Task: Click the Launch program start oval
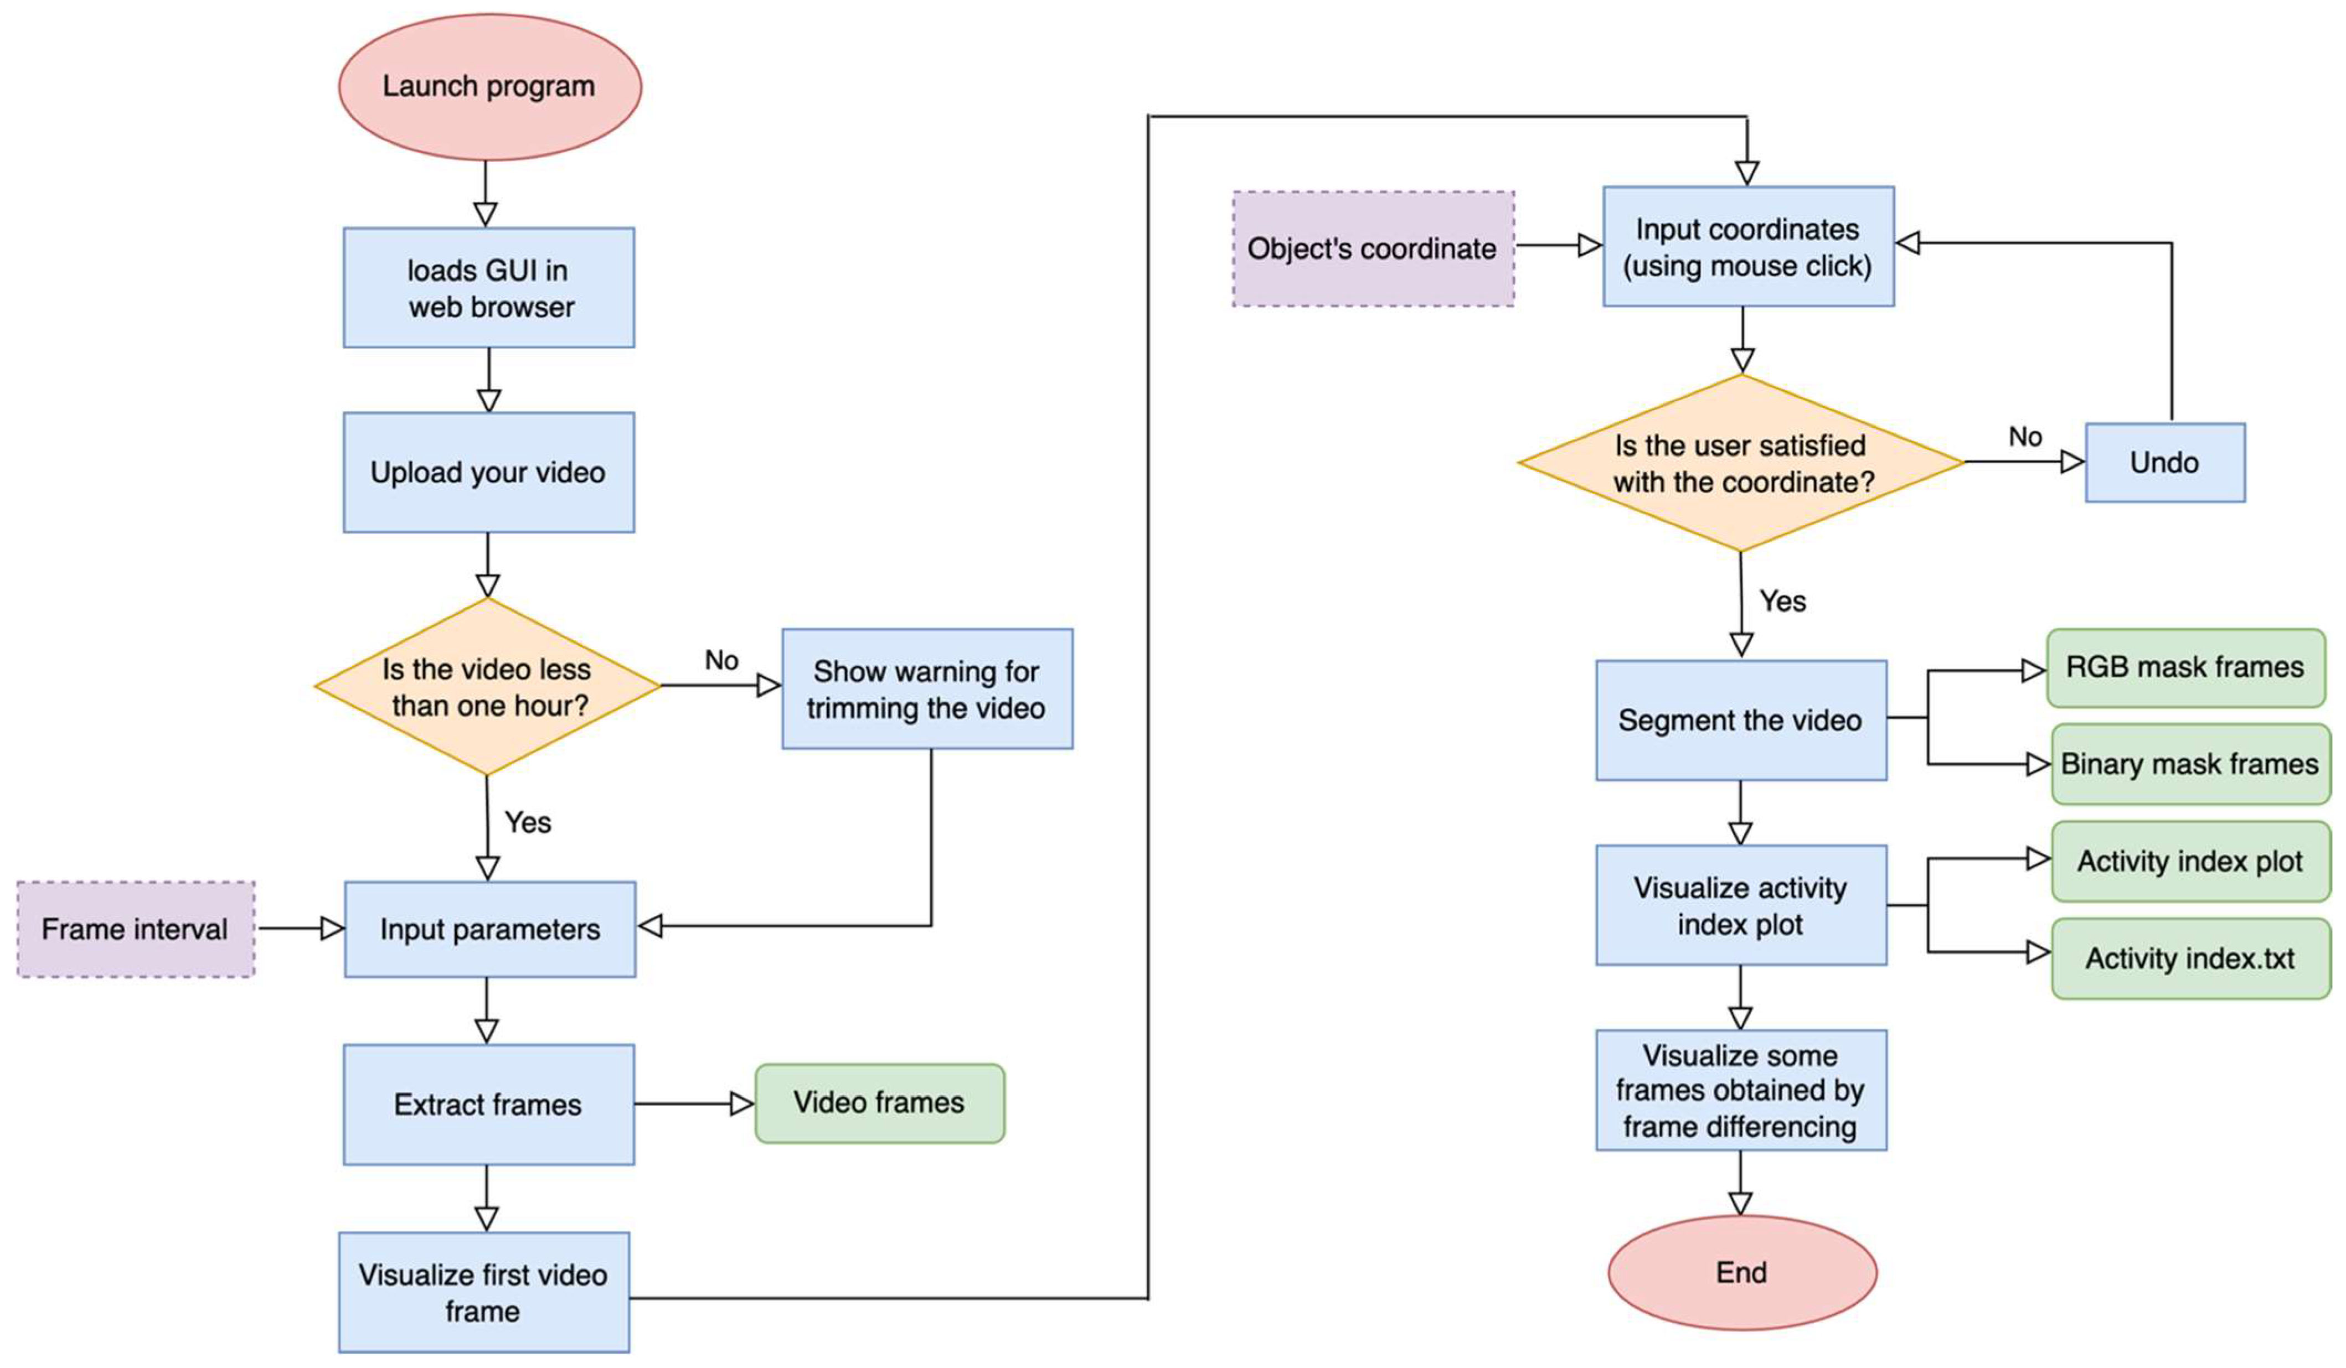[x=489, y=86]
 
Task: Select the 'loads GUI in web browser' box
[x=489, y=288]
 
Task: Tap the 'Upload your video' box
[x=489, y=473]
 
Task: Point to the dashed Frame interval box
[x=136, y=929]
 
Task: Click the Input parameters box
[x=489, y=929]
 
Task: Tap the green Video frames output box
[x=879, y=1103]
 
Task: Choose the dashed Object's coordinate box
[x=1372, y=248]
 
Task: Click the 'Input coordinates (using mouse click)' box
[x=1747, y=247]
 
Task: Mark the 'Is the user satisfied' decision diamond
[x=1741, y=463]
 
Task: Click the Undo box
[x=2164, y=463]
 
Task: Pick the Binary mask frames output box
[x=2190, y=764]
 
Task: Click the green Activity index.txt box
[x=2190, y=958]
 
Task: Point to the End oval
[x=1741, y=1272]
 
